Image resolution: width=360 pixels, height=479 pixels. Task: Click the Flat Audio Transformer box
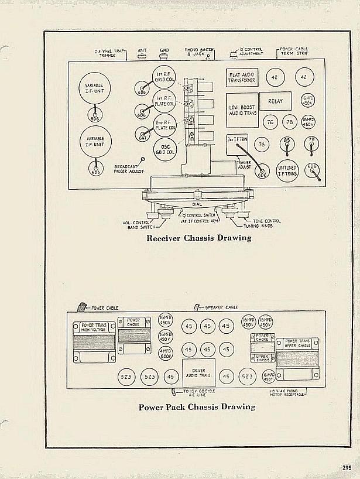coord(242,77)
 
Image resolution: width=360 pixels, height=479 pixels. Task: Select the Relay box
coord(275,101)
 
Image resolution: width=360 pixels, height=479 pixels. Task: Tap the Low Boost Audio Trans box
coord(242,110)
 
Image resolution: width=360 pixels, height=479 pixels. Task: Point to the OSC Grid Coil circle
coord(164,149)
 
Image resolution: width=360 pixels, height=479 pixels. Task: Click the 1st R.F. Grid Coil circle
coord(164,77)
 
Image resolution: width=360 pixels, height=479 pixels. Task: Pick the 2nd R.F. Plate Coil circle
coord(164,124)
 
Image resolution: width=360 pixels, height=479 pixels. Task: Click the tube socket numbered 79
coord(311,144)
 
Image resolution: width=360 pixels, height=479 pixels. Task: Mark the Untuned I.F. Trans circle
coord(288,170)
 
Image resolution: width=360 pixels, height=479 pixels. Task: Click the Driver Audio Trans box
coord(198,372)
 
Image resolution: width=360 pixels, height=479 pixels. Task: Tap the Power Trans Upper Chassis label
coord(297,343)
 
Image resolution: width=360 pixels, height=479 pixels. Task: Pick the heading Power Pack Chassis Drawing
coord(197,406)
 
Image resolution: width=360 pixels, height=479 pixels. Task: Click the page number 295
coord(347,467)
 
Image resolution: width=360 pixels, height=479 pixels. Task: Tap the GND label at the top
coord(164,51)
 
